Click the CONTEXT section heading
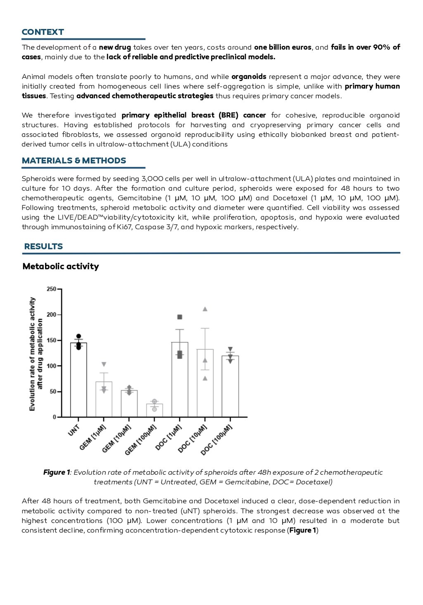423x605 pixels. (43, 32)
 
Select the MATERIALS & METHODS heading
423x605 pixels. (74, 161)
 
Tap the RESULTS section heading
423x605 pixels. (43, 247)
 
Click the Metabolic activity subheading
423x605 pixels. (61, 266)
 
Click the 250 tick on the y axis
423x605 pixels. (52, 289)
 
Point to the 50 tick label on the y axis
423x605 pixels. (53, 391)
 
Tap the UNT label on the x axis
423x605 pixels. (74, 431)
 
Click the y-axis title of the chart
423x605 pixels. (36, 354)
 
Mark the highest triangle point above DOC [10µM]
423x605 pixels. (205, 309)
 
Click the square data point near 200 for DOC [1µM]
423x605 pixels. (180, 317)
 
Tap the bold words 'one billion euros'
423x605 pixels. (283, 47)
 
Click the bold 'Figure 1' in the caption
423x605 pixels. (57, 473)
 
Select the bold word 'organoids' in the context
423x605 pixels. (249, 77)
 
